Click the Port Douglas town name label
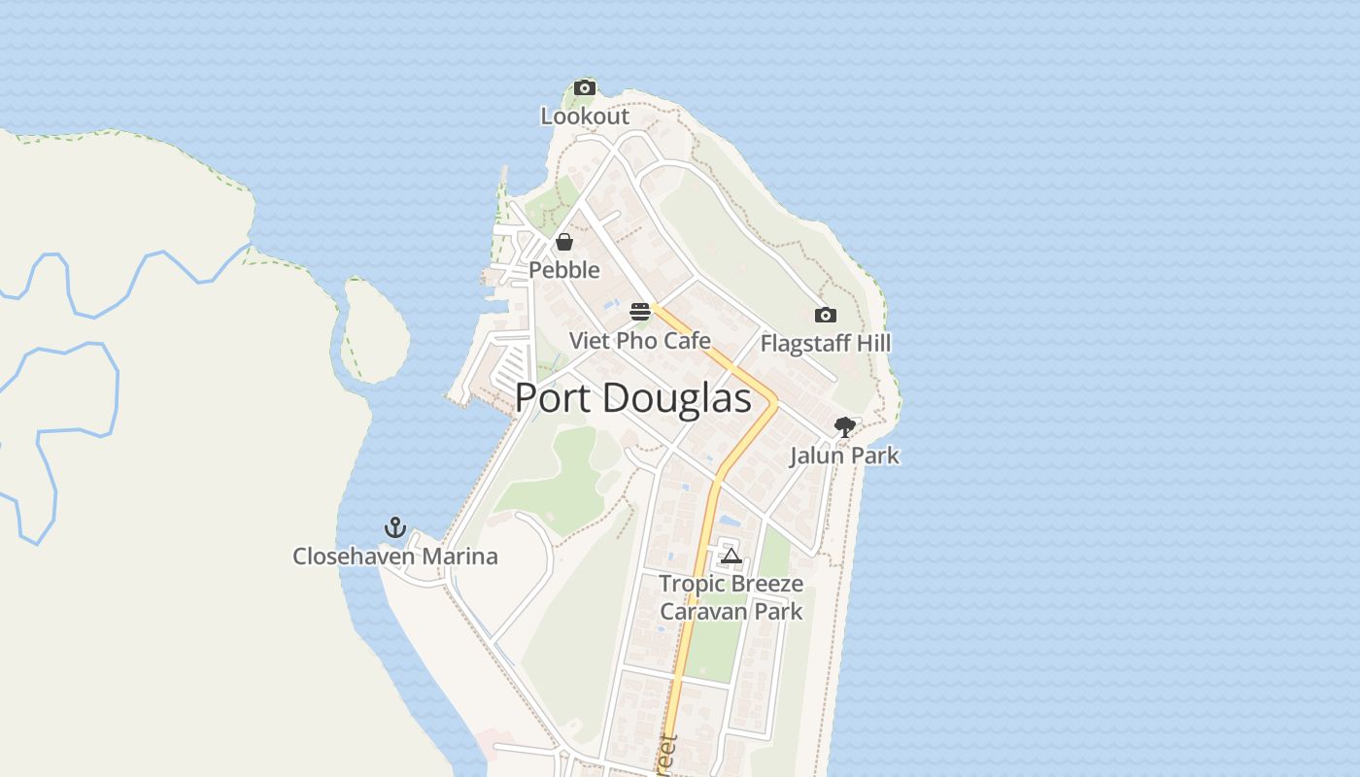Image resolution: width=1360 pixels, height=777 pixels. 632,398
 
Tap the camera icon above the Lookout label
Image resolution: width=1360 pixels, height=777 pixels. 584,88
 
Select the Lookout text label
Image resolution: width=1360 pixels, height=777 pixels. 585,117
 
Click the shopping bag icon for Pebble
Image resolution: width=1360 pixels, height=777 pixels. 564,242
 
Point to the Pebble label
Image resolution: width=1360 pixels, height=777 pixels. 564,270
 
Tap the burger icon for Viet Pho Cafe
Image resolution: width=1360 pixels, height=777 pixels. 640,312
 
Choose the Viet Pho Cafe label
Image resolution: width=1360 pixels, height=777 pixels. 640,341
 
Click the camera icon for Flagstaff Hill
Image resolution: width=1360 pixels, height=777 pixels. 825,315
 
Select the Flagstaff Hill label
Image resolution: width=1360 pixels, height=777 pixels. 825,344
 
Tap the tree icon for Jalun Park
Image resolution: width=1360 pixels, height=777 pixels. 844,426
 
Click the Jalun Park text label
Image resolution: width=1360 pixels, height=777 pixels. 844,456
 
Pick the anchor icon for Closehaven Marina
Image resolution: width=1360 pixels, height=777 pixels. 394,527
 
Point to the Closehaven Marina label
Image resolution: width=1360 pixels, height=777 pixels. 395,557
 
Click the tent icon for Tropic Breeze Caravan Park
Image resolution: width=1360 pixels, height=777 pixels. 731,556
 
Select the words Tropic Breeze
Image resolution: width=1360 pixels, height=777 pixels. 731,584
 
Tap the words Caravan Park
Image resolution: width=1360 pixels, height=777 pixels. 731,611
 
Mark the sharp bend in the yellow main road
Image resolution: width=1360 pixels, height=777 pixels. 775,400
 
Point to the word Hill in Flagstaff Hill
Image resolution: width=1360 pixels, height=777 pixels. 869,344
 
